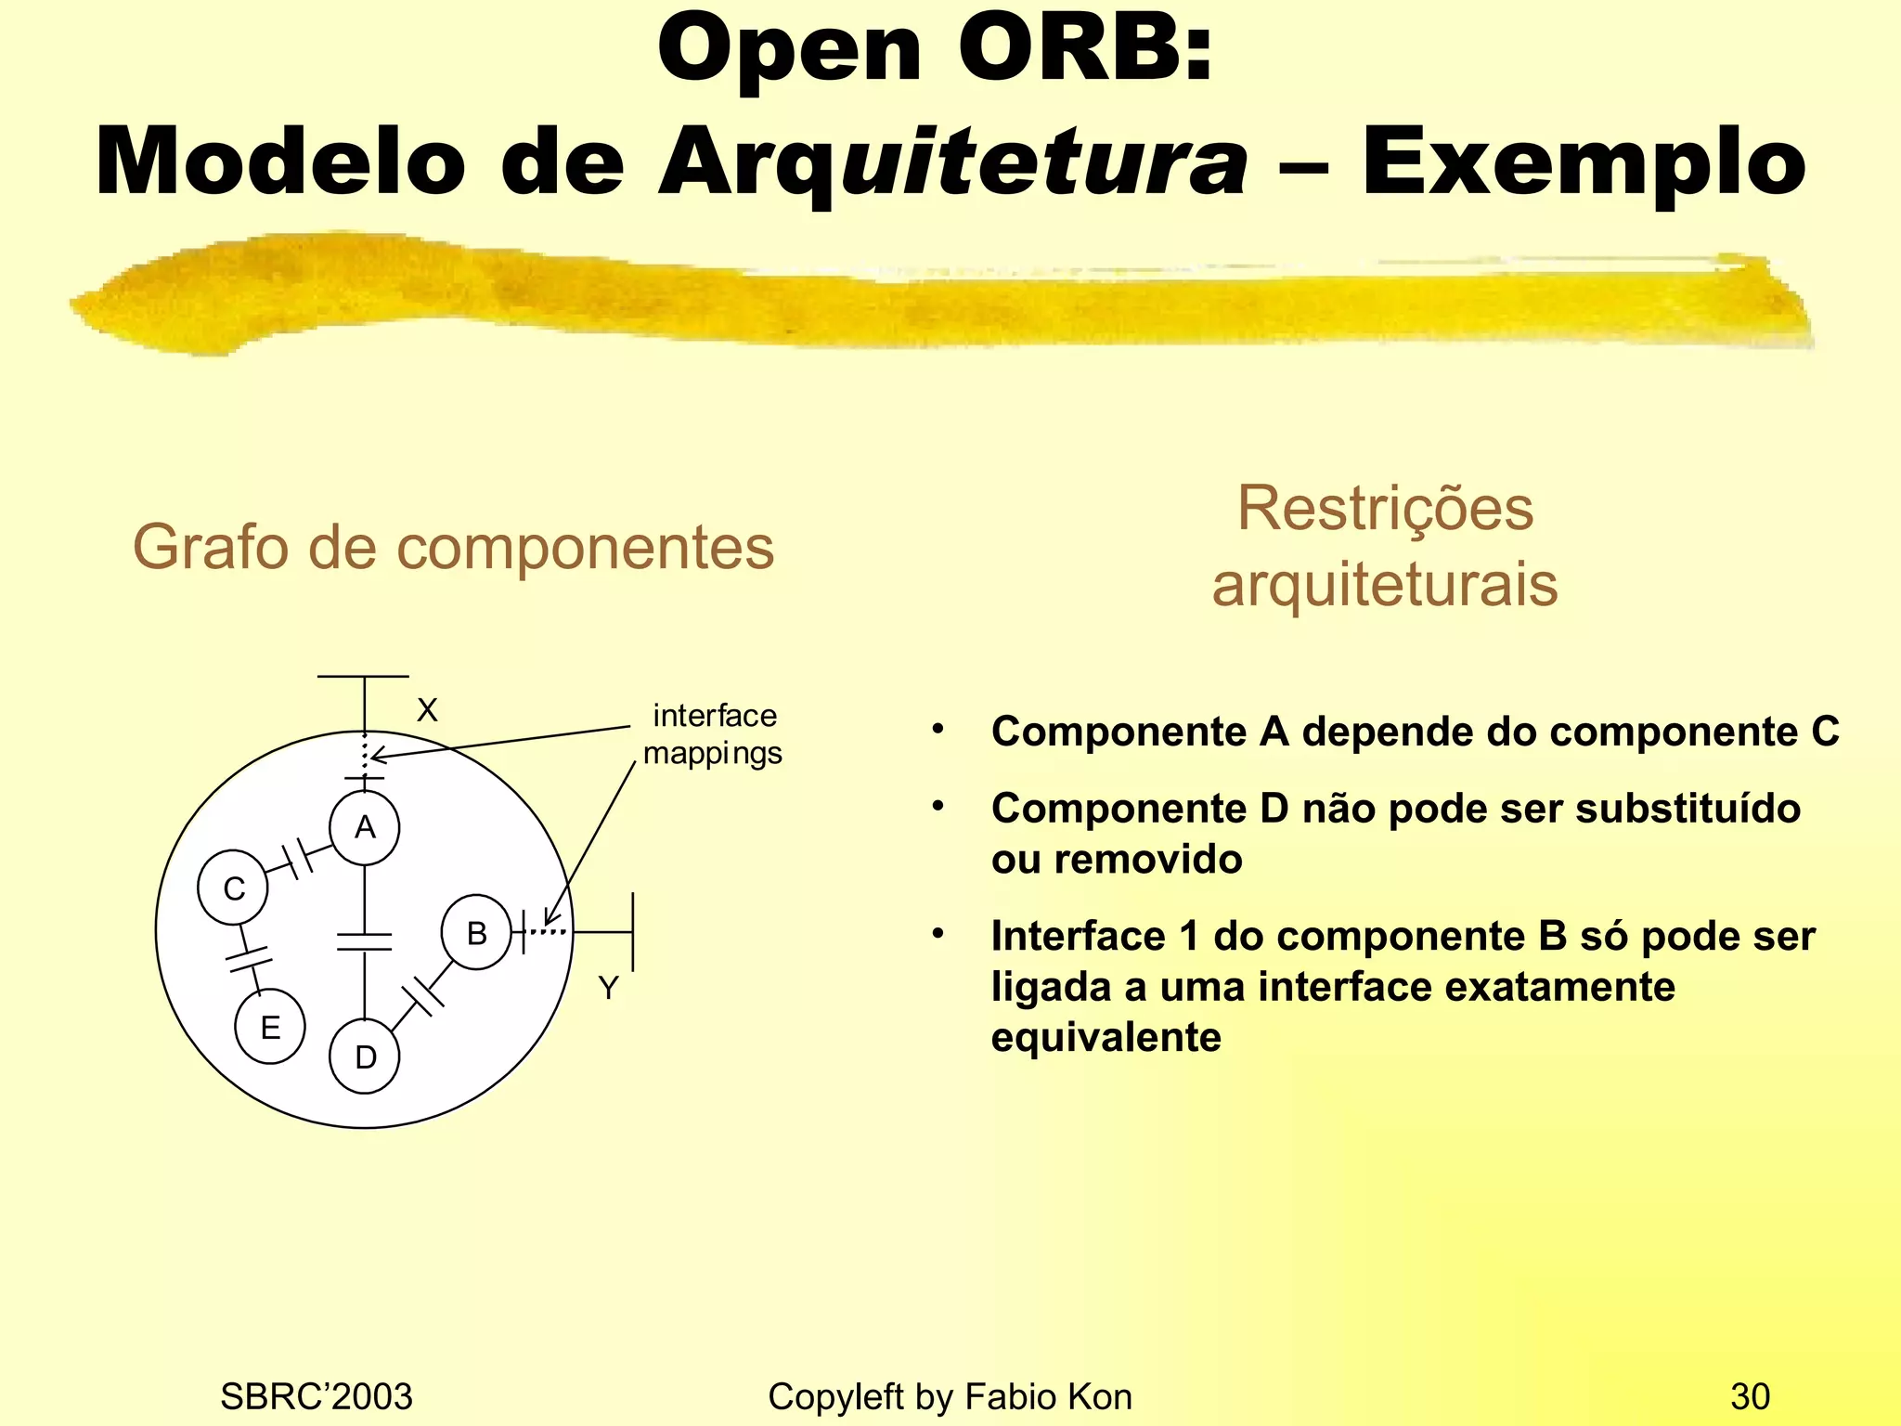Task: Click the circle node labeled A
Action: tap(365, 827)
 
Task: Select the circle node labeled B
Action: tap(476, 932)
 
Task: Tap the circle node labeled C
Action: tap(233, 888)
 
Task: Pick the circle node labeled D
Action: tap(365, 1057)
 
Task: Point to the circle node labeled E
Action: tap(270, 1027)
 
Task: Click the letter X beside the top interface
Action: tap(427, 710)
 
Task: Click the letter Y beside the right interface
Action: tap(608, 988)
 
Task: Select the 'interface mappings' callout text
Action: tap(713, 734)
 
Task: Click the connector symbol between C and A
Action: tap(298, 858)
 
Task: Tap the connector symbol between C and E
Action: tap(248, 959)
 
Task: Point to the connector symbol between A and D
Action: tap(365, 941)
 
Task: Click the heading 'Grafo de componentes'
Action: tap(453, 547)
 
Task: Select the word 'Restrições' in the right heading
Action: tap(1385, 509)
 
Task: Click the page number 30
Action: tap(1750, 1396)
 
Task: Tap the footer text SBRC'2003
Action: tap(316, 1396)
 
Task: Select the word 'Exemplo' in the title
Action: tap(1584, 163)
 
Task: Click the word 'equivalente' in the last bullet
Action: tap(1106, 1037)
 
